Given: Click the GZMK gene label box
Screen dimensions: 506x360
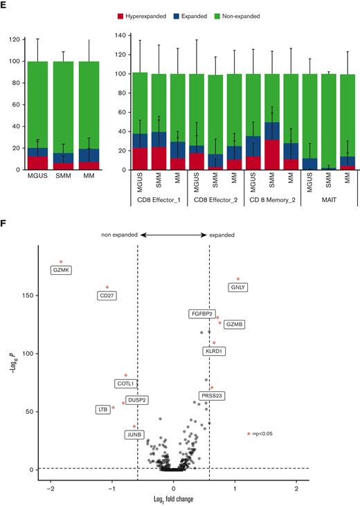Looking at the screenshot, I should click(x=62, y=271).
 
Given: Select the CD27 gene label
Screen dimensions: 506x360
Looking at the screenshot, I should click(x=107, y=296).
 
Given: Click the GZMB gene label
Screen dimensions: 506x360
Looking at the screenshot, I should click(x=233, y=324).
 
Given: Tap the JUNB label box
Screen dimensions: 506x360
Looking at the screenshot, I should click(x=135, y=435).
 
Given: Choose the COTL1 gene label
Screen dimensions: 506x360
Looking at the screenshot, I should click(x=125, y=383).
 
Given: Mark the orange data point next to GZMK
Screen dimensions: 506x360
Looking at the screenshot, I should click(x=61, y=262).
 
